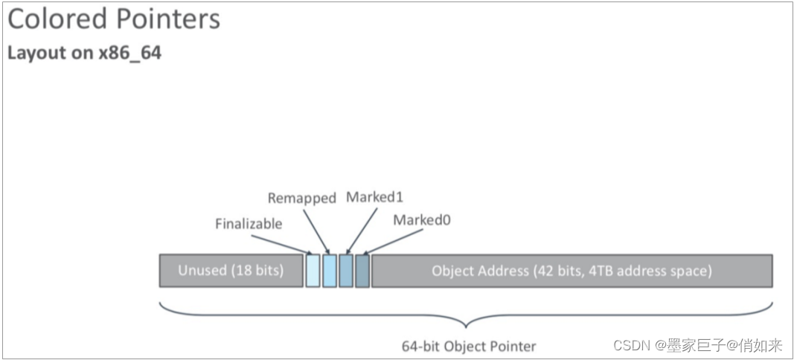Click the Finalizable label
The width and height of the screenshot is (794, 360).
point(249,224)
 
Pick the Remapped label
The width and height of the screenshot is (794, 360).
point(301,198)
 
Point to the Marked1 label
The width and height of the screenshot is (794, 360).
point(374,197)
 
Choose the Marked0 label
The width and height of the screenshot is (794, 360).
point(422,220)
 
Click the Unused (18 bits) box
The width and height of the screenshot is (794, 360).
point(231,271)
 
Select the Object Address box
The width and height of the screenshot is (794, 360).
point(572,271)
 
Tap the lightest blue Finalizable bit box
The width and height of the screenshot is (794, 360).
point(313,271)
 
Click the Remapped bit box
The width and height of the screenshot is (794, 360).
point(330,271)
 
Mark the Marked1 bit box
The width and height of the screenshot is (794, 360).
point(346,271)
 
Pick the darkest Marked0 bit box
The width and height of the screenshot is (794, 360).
point(362,271)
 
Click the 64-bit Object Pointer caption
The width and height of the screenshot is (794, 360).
point(469,346)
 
